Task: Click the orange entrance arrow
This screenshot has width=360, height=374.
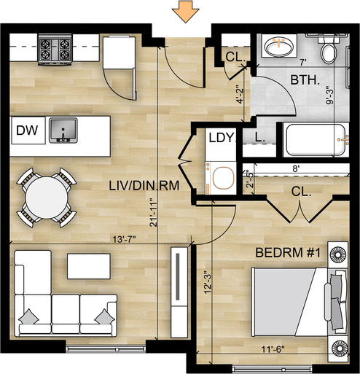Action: (186, 12)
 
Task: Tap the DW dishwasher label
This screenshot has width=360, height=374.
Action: (27, 130)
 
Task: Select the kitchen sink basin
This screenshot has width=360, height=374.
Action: (63, 130)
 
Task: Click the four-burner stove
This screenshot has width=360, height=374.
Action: (55, 50)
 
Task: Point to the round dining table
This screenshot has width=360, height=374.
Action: (47, 198)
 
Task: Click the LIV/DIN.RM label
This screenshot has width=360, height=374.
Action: (144, 186)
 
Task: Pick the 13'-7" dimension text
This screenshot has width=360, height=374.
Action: (123, 240)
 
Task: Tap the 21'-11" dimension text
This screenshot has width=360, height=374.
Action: (154, 212)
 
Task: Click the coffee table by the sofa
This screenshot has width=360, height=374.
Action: (89, 266)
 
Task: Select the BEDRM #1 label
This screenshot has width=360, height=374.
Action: (288, 253)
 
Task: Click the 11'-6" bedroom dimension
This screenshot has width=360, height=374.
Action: (273, 349)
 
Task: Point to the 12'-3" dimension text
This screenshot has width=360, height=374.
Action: (208, 282)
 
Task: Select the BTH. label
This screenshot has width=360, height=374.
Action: (305, 79)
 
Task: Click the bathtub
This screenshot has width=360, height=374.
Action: (316, 140)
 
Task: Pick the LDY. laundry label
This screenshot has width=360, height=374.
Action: (222, 138)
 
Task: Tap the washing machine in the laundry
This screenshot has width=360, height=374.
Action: (221, 178)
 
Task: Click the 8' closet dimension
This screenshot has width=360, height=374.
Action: (296, 168)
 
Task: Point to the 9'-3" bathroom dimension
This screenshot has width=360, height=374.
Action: (329, 96)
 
